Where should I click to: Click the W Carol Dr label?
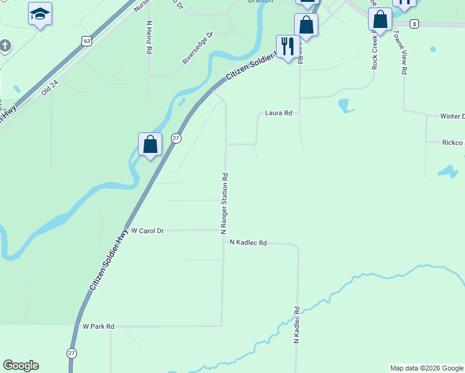[147, 231]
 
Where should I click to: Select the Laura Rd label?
[278, 113]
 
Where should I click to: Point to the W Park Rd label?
[98, 326]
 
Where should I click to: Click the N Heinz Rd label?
[149, 39]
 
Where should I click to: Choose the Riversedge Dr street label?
[198, 48]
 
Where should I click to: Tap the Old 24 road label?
[50, 86]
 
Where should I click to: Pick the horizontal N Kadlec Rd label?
[247, 243]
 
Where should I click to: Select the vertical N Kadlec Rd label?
[297, 326]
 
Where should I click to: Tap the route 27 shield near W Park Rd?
[71, 353]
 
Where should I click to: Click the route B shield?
[415, 24]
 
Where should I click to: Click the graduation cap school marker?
[40, 14]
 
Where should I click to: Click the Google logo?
[21, 366]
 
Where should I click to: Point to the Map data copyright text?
[426, 368]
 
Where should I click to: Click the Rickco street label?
[452, 143]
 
